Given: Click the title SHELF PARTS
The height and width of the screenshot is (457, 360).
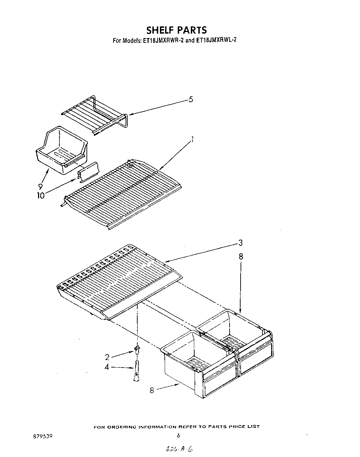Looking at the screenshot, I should click(177, 30).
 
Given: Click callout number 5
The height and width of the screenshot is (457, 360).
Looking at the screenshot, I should click(191, 99).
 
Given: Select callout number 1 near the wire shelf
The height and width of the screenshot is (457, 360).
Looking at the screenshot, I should click(193, 140).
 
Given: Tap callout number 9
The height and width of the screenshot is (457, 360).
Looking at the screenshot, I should click(40, 187).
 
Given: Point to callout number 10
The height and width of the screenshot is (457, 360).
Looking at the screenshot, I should click(40, 196).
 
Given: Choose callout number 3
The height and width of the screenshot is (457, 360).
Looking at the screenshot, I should click(241, 243).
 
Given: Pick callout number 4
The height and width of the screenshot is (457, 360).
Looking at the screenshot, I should click(107, 367).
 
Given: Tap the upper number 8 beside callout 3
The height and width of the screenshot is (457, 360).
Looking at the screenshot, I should click(241, 256).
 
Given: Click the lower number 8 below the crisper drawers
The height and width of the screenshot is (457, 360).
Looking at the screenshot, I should click(152, 390).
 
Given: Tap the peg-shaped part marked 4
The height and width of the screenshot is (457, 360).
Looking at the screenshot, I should click(137, 370).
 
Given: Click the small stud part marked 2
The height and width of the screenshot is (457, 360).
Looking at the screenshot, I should click(137, 349).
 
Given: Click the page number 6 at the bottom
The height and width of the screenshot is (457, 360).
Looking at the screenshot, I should click(178, 436).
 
